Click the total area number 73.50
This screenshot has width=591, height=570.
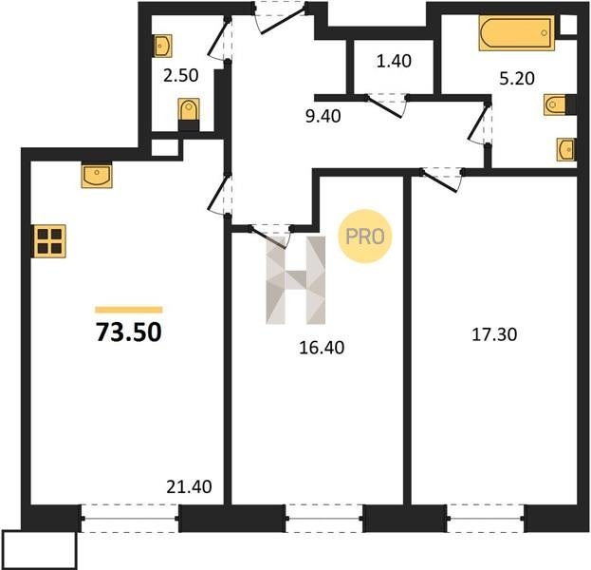point(129,332)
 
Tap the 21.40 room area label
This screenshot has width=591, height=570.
point(189,486)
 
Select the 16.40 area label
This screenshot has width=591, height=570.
point(322,348)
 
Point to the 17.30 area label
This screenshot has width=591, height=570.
point(494,334)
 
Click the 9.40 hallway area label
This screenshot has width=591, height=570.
point(323,116)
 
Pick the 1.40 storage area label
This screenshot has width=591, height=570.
point(394,61)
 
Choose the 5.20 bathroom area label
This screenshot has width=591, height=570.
point(517,79)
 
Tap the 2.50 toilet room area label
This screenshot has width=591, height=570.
point(181,75)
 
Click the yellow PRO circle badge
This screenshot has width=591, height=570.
point(365,237)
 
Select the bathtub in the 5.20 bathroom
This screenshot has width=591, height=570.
point(517,33)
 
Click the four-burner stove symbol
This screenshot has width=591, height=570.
point(49,241)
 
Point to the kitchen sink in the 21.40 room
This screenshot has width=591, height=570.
point(97,175)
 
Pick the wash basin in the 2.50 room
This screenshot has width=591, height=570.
point(163,46)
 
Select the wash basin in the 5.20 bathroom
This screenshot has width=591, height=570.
point(565,149)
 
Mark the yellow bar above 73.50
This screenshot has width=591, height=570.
point(128,310)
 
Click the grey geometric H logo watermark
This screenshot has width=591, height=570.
point(296,280)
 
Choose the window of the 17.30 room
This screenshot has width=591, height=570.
point(486,518)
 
